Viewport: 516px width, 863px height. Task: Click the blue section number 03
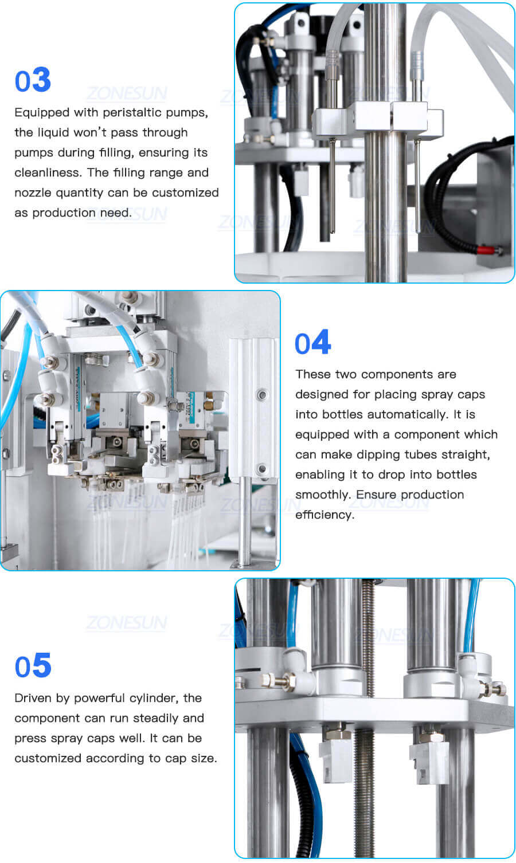click(x=33, y=80)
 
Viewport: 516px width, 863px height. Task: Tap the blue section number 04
click(x=312, y=343)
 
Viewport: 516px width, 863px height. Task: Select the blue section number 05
click(x=33, y=666)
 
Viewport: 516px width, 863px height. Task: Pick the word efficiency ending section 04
click(x=324, y=515)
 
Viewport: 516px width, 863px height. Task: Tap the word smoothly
click(x=323, y=495)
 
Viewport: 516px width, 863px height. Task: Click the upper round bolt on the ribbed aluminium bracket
click(x=262, y=394)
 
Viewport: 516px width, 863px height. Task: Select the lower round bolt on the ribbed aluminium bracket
click(x=262, y=468)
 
